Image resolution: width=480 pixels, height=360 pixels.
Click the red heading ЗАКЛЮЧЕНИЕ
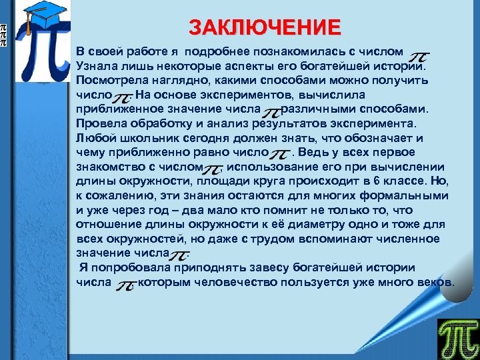(265, 28)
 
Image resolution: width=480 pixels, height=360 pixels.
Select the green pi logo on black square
(457, 337)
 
